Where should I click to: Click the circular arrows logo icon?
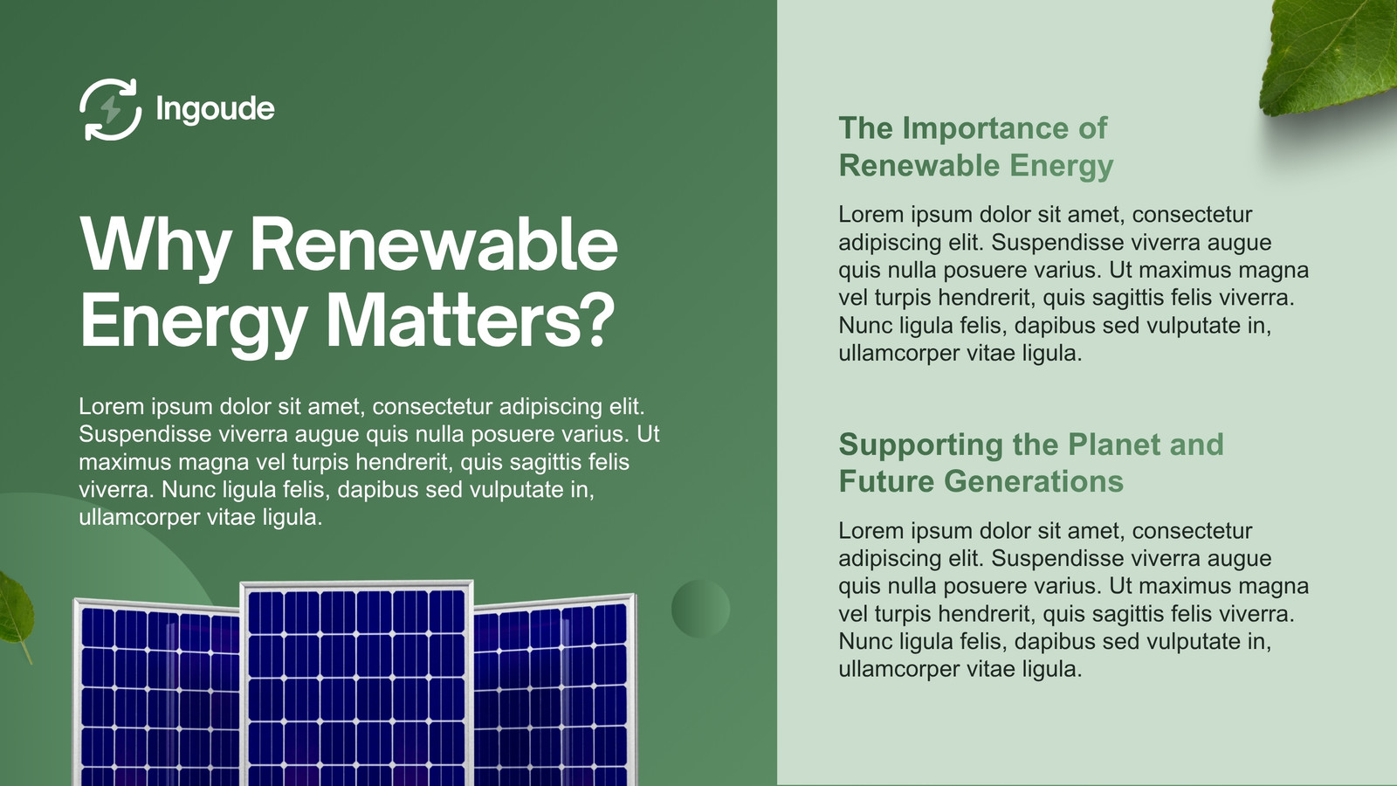tap(110, 109)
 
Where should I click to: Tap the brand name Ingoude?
tap(215, 109)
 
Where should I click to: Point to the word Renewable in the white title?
tap(434, 244)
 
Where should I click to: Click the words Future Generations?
tap(981, 481)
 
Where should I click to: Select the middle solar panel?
tap(357, 684)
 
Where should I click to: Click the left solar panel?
tap(157, 693)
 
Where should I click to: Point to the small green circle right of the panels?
tap(700, 609)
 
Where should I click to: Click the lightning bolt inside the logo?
tap(111, 109)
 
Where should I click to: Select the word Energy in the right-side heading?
tap(1061, 167)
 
